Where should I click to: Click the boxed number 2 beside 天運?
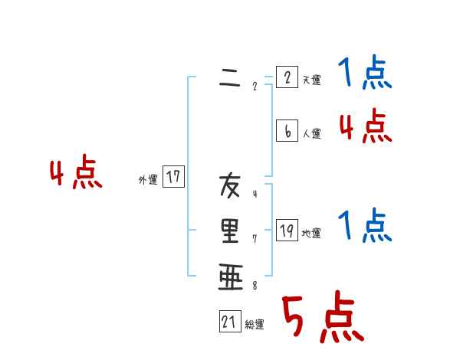coord(286,77)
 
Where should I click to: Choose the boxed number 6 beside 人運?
coord(286,131)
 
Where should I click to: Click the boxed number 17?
coord(174,178)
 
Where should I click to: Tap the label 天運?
coord(311,80)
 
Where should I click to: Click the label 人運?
coord(311,134)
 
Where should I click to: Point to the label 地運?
coord(311,234)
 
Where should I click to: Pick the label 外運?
coord(148,180)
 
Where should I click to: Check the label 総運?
coord(255,325)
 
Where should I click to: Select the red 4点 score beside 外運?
coord(76,174)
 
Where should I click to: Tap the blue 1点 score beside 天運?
coord(364,74)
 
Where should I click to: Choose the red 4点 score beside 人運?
coord(365,126)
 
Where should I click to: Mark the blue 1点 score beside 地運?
coord(364,227)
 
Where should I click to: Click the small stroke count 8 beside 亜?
coord(255,287)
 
